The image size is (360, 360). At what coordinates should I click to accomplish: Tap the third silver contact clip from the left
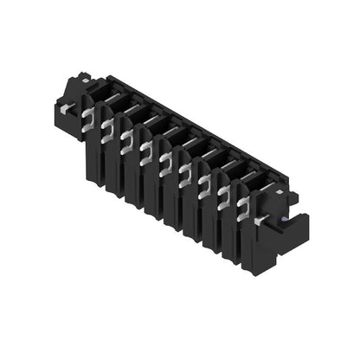(126, 138)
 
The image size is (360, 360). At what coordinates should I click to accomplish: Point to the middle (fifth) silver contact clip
(165, 160)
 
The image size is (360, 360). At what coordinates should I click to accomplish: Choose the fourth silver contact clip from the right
(184, 170)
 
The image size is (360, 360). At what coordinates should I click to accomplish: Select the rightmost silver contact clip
(244, 203)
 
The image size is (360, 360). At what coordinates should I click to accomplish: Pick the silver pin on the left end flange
(65, 107)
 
